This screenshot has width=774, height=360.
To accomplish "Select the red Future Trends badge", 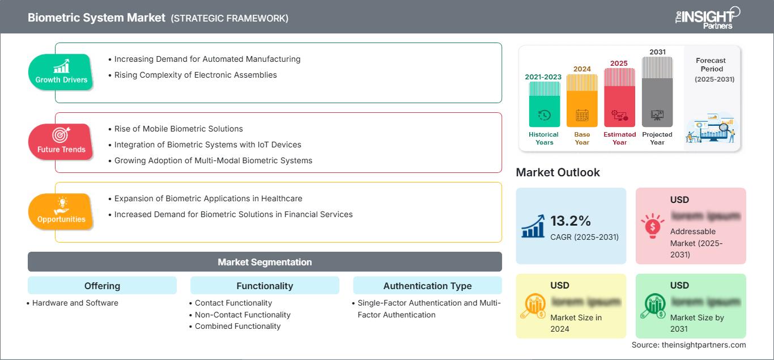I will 61,142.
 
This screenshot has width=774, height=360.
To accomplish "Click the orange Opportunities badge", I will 61,211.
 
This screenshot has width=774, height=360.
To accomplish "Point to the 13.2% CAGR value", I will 571,221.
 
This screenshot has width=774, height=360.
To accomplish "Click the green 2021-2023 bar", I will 544,104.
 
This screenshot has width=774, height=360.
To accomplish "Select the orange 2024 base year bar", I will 582,101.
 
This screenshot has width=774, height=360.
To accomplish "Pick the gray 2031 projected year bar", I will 657,92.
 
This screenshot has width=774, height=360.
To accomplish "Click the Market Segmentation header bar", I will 265,262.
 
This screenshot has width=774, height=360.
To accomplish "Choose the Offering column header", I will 102,286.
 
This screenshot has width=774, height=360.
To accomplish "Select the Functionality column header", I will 265,286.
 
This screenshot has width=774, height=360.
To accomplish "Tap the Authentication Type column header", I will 427,286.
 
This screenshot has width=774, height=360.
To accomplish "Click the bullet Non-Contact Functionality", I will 243,315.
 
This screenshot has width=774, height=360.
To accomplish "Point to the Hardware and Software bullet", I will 75,303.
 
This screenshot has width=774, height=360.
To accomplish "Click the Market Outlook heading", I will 558,172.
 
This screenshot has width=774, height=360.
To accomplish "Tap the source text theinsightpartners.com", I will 688,345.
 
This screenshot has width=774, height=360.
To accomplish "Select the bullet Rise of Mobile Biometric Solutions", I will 178,129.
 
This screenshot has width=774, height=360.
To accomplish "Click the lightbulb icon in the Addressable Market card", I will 652,225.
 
